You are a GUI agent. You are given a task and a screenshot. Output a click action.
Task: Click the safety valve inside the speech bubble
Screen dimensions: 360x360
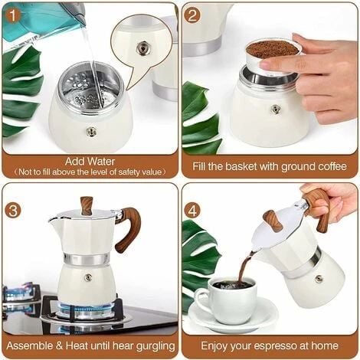tap(142, 47)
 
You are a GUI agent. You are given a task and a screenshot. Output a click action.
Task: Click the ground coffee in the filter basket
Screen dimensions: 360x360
tap(272, 48)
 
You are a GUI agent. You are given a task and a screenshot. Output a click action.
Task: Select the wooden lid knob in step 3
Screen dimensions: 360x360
tap(87, 205)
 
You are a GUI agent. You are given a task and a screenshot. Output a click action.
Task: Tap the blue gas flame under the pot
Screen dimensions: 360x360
tap(87, 310)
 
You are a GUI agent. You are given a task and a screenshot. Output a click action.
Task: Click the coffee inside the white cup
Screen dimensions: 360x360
tap(232, 285)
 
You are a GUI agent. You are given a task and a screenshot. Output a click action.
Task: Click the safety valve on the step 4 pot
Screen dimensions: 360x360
tap(319, 278)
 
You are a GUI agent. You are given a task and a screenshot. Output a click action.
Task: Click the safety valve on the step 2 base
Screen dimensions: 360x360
tap(275, 109)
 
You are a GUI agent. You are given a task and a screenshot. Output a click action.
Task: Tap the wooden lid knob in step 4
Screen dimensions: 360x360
tap(273, 221)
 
